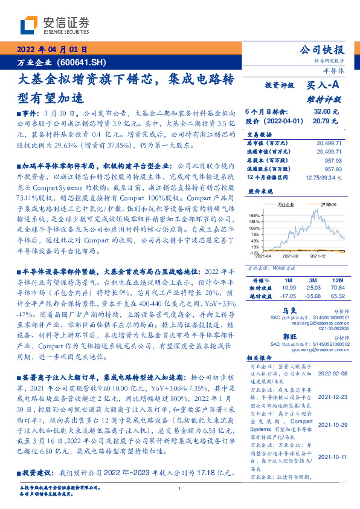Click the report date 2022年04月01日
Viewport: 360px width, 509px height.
pyautogui.click(x=52, y=50)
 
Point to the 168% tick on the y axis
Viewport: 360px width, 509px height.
pyautogui.click(x=254, y=215)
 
